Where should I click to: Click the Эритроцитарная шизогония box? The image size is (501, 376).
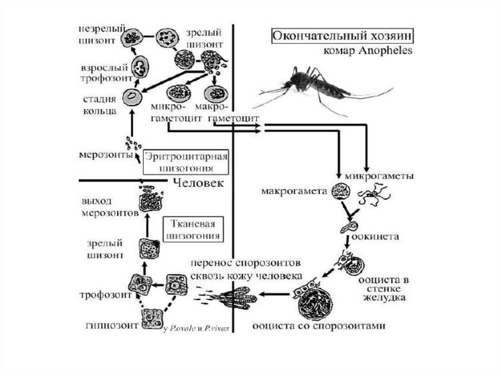(x=186, y=161)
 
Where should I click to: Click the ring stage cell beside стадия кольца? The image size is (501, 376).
(x=131, y=97)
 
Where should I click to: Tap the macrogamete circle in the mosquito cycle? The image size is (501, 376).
(x=338, y=191)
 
